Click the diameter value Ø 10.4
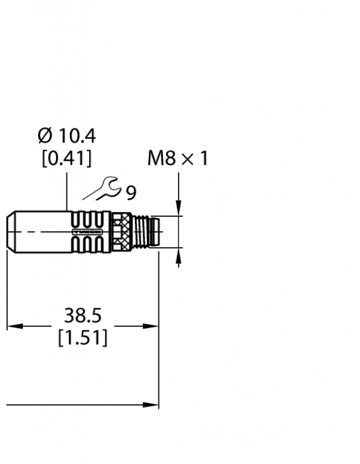coord(67,136)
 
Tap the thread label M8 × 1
coord(177,158)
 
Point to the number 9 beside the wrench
coord(131,193)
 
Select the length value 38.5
coord(83,315)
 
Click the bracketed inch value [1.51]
coord(83,338)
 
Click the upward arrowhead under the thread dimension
coord(179,254)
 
